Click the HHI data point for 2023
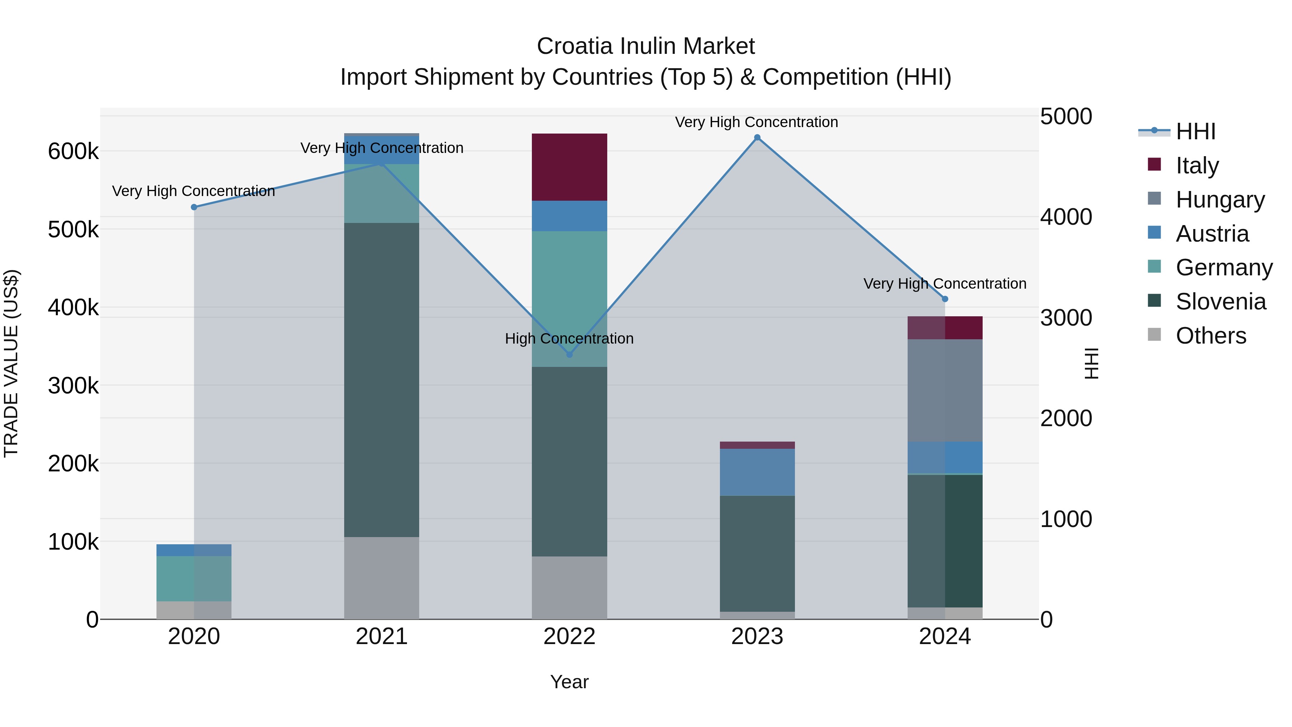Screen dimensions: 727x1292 pyautogui.click(x=757, y=138)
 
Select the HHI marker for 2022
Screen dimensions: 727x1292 pyautogui.click(x=569, y=355)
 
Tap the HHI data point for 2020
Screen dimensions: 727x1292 pyautogui.click(x=194, y=207)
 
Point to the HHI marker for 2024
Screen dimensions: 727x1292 pyautogui.click(x=945, y=299)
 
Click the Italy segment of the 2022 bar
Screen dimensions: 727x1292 pyautogui.click(x=569, y=167)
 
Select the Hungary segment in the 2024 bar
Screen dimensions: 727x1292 pyautogui.click(x=945, y=390)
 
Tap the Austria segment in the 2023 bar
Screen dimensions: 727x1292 pyautogui.click(x=757, y=472)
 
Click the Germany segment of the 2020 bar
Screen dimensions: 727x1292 pyautogui.click(x=194, y=578)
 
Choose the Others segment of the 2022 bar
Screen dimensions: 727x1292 pyautogui.click(x=569, y=587)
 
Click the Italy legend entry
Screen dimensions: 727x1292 pyautogui.click(x=1197, y=166)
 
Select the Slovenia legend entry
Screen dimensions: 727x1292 pyautogui.click(x=1220, y=302)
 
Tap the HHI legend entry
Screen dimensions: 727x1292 pyautogui.click(x=1195, y=131)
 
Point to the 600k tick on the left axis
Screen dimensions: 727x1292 pyautogui.click(x=73, y=151)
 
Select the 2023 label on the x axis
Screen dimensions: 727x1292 pyautogui.click(x=757, y=637)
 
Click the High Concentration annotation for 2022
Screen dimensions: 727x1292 pyautogui.click(x=569, y=339)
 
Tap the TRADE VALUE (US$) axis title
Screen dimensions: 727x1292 pyautogui.click(x=11, y=363)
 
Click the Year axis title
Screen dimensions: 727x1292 pyautogui.click(x=569, y=682)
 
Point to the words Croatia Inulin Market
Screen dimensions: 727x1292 pyautogui.click(x=646, y=46)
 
